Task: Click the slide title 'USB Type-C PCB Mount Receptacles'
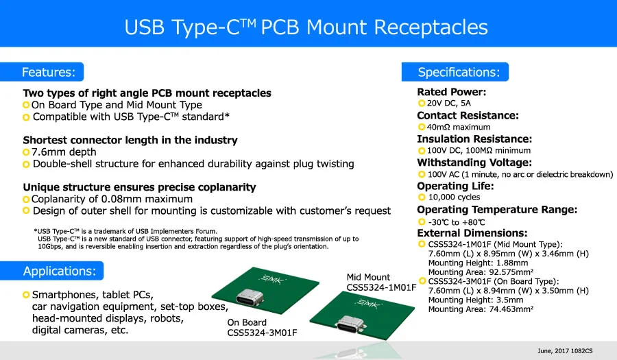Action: [306, 27]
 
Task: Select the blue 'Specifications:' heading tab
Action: [459, 72]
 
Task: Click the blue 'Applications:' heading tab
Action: [60, 271]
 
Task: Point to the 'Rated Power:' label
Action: [451, 92]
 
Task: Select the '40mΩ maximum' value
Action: [459, 127]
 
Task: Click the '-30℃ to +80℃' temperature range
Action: [457, 221]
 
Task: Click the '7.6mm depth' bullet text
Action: [64, 152]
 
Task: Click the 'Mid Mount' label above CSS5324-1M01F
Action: [368, 277]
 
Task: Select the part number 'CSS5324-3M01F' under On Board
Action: [263, 333]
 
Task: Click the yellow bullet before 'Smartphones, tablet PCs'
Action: [26, 295]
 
